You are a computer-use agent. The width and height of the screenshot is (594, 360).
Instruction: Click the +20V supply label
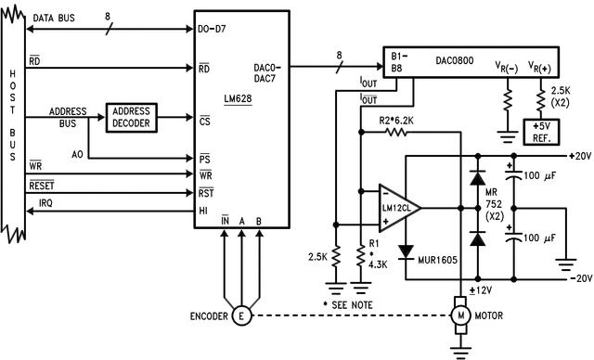pos(575,156)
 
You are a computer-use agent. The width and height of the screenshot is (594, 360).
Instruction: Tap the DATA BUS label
pos(53,18)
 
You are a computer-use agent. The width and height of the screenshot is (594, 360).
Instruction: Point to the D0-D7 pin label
pos(214,28)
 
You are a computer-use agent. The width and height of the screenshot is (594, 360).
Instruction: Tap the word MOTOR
pos(492,315)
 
